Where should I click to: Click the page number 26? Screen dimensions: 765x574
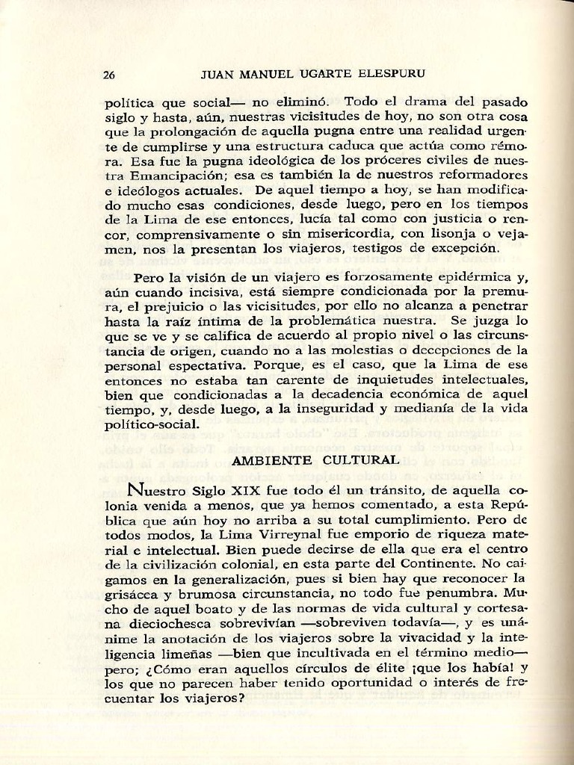(x=109, y=75)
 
